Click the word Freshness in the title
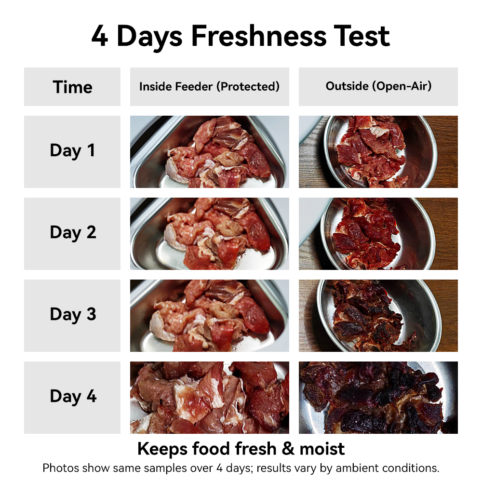(x=259, y=36)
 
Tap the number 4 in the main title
(x=100, y=36)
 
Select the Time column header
(x=73, y=87)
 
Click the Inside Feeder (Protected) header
(x=209, y=86)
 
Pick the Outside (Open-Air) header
(x=378, y=86)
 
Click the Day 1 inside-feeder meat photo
(x=209, y=151)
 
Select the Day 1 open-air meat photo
(x=378, y=151)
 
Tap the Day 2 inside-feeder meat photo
(x=209, y=234)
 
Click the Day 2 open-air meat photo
(x=378, y=234)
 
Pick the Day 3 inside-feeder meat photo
(x=209, y=315)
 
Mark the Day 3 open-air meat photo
(x=378, y=315)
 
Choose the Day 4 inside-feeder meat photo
(x=209, y=398)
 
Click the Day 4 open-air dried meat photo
(x=378, y=398)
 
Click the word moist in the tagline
(x=322, y=449)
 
